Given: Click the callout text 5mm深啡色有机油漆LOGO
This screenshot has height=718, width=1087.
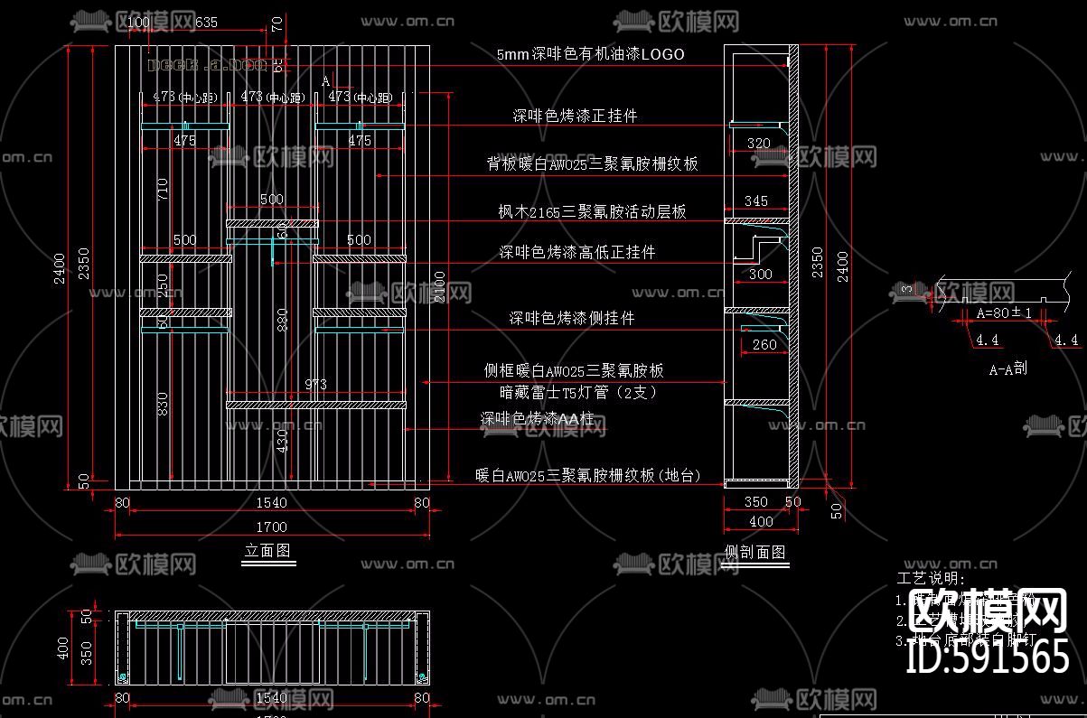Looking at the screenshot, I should pos(591,54).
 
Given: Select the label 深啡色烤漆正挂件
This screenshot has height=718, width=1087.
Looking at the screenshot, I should pos(576,117).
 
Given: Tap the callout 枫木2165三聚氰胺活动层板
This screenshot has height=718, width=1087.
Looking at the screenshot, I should pos(593,212).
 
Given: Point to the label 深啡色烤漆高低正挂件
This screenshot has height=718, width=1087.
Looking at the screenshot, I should pos(577,252).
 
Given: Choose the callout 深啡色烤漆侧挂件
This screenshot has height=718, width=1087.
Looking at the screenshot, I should pos(572,318).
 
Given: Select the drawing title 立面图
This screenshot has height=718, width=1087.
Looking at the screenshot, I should pos(268,550).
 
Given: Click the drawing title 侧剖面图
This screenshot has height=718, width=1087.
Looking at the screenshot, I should pos(755,552).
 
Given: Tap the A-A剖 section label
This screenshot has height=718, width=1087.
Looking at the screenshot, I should pos(1007,368).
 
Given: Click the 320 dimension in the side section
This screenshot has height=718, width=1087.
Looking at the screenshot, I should pos(759,143).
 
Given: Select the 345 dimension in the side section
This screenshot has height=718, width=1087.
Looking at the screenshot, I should pos(755,200).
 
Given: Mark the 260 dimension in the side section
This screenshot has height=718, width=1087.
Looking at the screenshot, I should pos(764,344).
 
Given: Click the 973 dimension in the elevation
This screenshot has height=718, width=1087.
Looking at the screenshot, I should pos(315,385).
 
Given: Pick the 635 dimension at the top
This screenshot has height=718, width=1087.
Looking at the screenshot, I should pos(206,23).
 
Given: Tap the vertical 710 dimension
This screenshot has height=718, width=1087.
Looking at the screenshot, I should pos(163,189).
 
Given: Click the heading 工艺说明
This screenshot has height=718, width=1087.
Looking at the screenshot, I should pos(931,579).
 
